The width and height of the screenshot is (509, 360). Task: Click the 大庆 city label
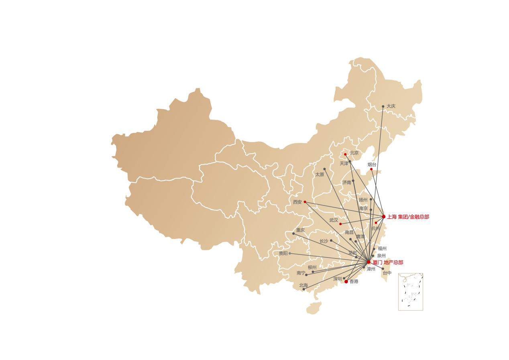391,106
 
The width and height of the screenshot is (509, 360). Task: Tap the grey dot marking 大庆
383,106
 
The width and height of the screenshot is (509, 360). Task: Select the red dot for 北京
345,155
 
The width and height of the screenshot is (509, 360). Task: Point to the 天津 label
344,164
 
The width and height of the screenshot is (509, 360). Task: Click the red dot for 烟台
371,169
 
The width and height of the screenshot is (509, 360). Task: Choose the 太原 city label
319,175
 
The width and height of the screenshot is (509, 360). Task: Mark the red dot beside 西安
305,202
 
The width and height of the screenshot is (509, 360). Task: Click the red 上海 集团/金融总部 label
408,217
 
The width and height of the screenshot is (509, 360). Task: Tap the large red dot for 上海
384,217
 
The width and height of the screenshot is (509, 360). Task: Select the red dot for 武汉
340,224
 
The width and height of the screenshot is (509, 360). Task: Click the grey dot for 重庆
293,234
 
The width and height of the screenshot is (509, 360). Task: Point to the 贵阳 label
283,254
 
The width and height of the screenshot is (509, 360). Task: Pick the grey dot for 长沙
331,240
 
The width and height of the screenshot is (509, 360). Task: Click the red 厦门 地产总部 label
387,262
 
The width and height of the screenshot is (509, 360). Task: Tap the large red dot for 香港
346,281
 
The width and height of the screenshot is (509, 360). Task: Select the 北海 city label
303,286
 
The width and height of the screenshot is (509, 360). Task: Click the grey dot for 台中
383,269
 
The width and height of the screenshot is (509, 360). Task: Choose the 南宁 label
301,273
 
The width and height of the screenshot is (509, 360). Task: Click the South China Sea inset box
410,292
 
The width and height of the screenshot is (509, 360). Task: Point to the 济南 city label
346,183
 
